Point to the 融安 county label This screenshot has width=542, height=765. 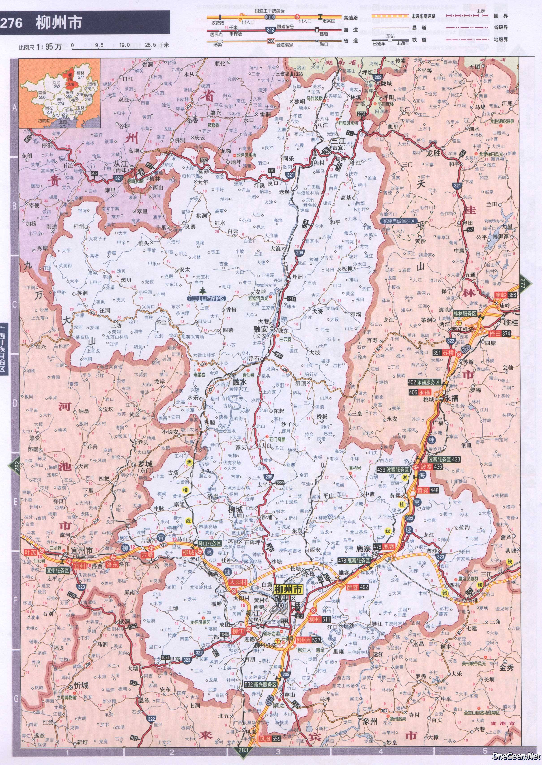(263, 329)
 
